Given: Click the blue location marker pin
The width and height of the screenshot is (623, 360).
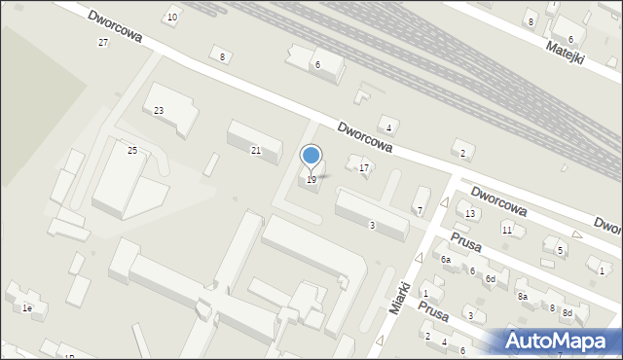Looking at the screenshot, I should pyautogui.click(x=311, y=157).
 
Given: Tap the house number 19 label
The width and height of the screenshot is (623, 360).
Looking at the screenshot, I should pyautogui.click(x=311, y=180).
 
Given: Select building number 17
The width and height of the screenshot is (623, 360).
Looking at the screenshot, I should pyautogui.click(x=364, y=168).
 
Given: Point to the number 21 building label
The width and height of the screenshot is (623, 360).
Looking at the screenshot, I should pyautogui.click(x=256, y=150).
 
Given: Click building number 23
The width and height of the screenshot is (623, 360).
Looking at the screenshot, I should pyautogui.click(x=159, y=110).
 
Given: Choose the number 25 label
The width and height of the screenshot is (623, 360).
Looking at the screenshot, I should pyautogui.click(x=132, y=150).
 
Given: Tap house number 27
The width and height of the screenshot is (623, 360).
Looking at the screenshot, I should pyautogui.click(x=103, y=43).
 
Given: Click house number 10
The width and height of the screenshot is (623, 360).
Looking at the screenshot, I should pyautogui.click(x=172, y=18).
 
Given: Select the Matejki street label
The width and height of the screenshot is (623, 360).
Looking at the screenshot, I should pyautogui.click(x=565, y=51).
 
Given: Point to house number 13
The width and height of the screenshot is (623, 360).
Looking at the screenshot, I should pyautogui.click(x=470, y=214).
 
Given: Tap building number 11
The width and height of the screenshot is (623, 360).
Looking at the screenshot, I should pyautogui.click(x=507, y=230).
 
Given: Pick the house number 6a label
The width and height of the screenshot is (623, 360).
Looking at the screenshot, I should pyautogui.click(x=446, y=260).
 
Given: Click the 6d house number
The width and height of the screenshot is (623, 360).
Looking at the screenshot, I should pyautogui.click(x=492, y=279).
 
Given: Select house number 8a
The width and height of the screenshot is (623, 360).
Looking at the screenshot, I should pyautogui.click(x=523, y=296).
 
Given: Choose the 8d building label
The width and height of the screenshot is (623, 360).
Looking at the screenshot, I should pyautogui.click(x=567, y=312).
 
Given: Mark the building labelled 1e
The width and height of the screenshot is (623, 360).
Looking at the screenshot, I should pyautogui.click(x=28, y=308).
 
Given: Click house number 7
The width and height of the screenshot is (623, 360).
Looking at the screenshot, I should pyautogui.click(x=420, y=211).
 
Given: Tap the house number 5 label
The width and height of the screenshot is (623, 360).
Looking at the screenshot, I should pyautogui.click(x=560, y=251).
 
